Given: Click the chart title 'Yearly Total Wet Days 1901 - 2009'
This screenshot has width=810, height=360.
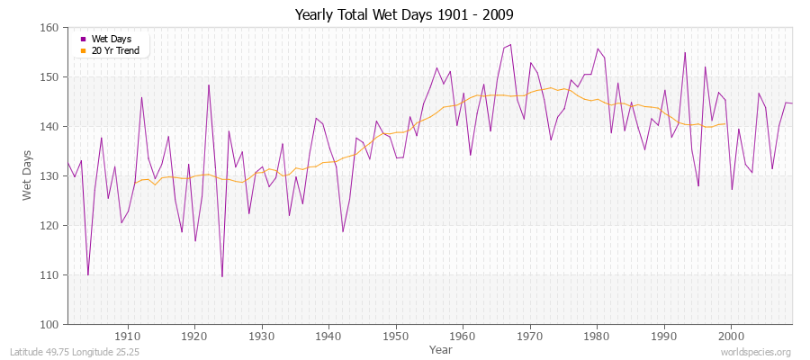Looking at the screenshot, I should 404,15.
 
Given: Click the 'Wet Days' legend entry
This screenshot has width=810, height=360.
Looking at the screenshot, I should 112,39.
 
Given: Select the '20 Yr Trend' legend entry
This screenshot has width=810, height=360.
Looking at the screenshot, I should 114,50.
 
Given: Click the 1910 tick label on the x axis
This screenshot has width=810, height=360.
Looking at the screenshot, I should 128,334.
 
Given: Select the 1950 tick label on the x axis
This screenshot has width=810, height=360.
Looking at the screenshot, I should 396,334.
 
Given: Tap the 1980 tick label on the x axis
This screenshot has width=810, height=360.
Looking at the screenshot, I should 597,334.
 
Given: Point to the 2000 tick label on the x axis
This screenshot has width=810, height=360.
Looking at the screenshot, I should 731,334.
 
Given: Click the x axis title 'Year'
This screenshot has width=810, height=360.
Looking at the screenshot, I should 441,348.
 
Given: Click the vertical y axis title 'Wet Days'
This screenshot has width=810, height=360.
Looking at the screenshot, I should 27,176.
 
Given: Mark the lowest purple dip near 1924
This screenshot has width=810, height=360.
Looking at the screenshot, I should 221,276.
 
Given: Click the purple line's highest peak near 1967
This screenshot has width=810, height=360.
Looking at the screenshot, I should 510,44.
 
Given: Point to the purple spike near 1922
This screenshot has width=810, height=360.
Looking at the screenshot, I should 209,85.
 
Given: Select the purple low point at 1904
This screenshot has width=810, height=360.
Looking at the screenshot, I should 87,274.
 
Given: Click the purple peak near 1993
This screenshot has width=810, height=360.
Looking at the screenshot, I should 685,52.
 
